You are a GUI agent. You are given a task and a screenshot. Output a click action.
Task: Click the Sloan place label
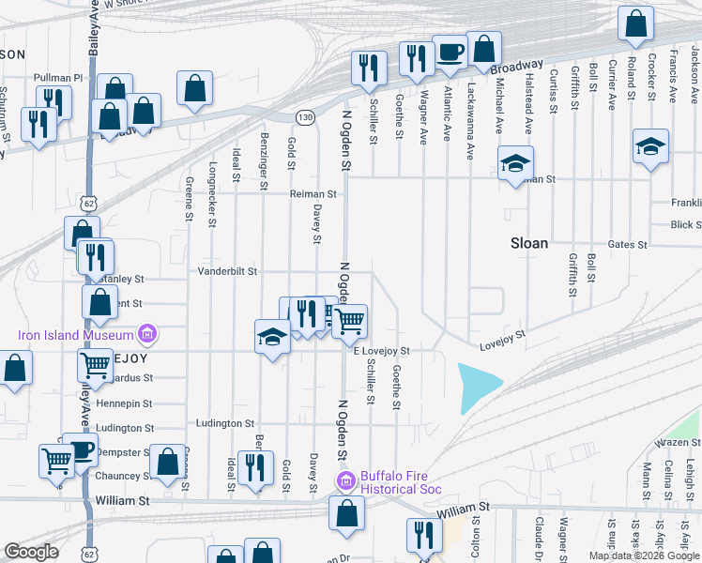point(528,243)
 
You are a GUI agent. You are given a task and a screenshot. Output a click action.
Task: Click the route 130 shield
point(304,117)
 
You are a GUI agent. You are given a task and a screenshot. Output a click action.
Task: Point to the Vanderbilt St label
point(227,271)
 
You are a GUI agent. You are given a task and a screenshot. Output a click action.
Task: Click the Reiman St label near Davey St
point(313,194)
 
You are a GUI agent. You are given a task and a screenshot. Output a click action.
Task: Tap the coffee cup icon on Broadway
point(449,53)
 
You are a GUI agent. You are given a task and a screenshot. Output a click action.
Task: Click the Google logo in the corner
point(32,552)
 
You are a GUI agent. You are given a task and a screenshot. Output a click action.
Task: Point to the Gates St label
point(628,245)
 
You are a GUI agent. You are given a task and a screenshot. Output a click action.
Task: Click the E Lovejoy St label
point(382,351)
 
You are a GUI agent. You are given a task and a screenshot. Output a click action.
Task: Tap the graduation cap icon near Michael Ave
point(515,162)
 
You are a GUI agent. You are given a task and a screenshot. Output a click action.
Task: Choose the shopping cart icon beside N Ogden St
point(349,321)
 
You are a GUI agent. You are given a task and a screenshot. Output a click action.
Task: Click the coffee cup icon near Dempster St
point(80,449)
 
